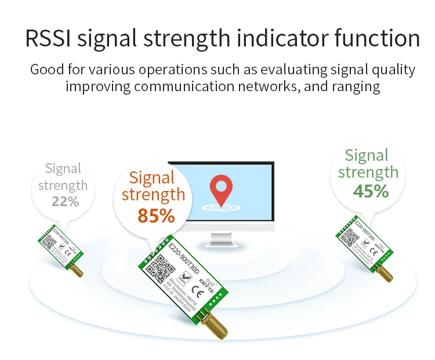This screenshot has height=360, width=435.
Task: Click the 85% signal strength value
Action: [156, 215]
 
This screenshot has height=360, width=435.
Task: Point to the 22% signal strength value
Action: [65, 201]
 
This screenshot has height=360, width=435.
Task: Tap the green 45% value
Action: [371, 190]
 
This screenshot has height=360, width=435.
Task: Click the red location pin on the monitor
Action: [220, 189]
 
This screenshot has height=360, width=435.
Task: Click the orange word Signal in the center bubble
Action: [153, 178]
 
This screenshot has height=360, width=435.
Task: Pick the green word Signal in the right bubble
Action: [367, 155]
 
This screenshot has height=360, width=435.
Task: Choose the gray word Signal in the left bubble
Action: [63, 169]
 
